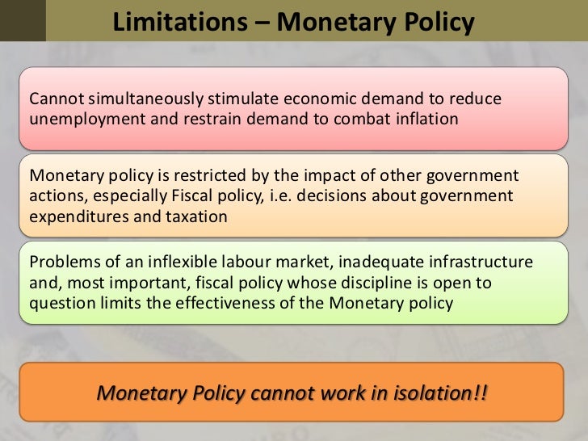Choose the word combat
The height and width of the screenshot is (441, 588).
[353, 119]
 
